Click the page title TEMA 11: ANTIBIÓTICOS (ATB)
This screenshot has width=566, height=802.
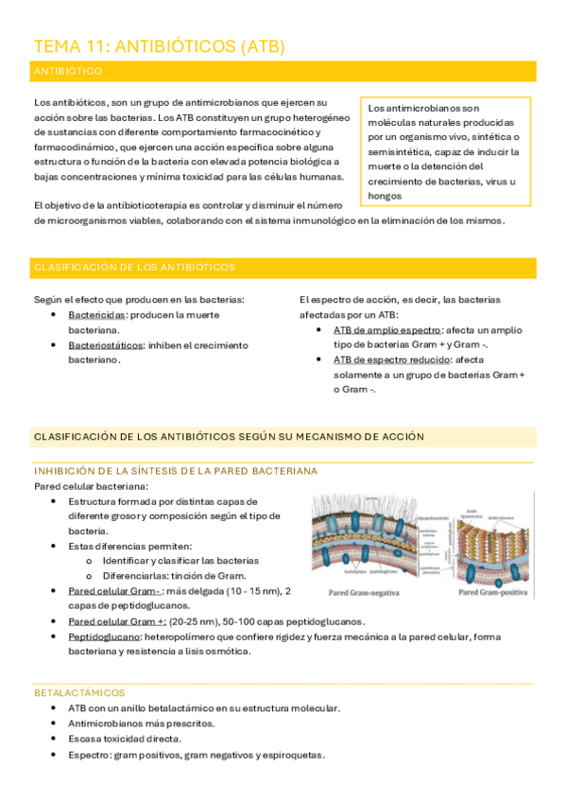[159, 46]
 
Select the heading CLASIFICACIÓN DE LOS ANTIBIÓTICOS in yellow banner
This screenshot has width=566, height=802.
[134, 268]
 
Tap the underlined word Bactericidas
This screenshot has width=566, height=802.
[97, 314]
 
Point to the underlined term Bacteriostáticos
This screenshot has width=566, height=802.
[105, 345]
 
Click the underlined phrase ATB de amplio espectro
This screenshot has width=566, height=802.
[387, 330]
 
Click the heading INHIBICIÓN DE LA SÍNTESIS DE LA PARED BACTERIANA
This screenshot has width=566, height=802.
[175, 470]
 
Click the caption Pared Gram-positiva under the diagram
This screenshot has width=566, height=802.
[494, 593]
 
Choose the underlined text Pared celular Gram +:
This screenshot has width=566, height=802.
[117, 621]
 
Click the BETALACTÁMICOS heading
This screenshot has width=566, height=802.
[78, 693]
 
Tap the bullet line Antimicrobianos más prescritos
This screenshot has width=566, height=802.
[141, 724]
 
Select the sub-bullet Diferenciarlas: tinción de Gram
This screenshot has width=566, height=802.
[174, 576]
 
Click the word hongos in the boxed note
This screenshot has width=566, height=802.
[386, 196]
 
